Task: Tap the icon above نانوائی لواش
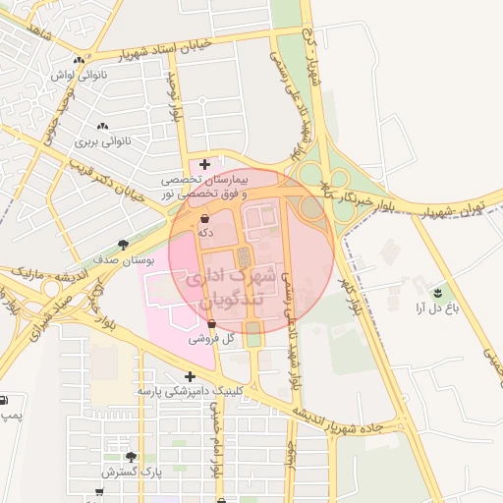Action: click(x=78, y=60)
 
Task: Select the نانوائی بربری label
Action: click(x=103, y=140)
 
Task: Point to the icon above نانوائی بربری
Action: click(x=103, y=127)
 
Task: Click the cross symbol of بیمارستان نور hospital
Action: click(x=204, y=163)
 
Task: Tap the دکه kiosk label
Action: click(x=204, y=233)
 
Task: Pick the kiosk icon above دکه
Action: click(x=204, y=218)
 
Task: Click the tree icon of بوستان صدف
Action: click(x=123, y=244)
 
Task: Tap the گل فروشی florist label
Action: click(x=214, y=337)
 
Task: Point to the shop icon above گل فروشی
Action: click(x=212, y=322)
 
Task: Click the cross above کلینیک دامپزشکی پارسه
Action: click(x=190, y=376)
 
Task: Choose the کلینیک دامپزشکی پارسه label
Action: click(x=189, y=391)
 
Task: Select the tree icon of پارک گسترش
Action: click(x=131, y=458)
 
